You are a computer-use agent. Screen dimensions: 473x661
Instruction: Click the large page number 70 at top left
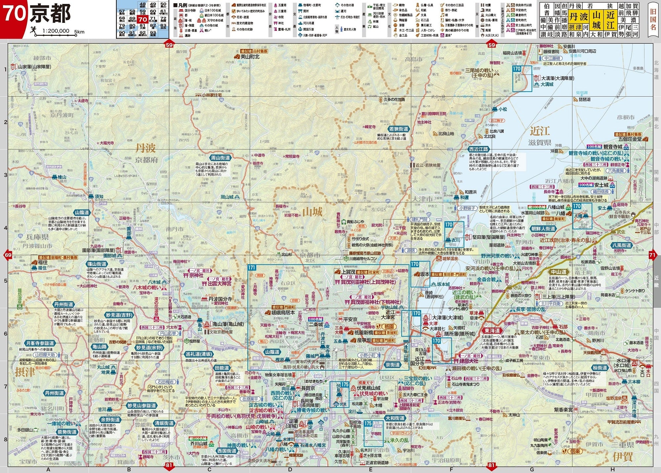tap(15, 13)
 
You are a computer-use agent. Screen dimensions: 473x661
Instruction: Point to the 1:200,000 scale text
tap(56, 31)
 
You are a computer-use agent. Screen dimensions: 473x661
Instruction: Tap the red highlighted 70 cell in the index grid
tap(142, 20)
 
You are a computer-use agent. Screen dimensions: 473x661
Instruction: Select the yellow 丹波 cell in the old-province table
tap(579, 16)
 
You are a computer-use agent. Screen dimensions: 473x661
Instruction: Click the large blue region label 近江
tap(540, 131)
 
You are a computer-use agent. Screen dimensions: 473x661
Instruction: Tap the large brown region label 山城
tap(312, 212)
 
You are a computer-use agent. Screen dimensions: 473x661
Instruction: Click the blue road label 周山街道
tap(220, 158)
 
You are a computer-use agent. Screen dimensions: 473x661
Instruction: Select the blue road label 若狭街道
tap(399, 129)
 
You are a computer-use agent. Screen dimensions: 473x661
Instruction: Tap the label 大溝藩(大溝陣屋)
tap(558, 78)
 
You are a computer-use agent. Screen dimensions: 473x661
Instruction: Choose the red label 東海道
tap(492, 331)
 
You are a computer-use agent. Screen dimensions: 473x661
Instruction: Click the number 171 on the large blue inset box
tap(252, 267)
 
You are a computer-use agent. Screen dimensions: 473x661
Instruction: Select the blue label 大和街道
tap(395, 418)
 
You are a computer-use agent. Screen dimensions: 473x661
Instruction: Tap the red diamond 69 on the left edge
tap(8, 255)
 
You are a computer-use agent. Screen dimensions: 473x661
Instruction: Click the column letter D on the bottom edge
tap(290, 469)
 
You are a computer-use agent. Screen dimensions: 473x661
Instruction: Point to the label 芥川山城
tap(198, 444)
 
